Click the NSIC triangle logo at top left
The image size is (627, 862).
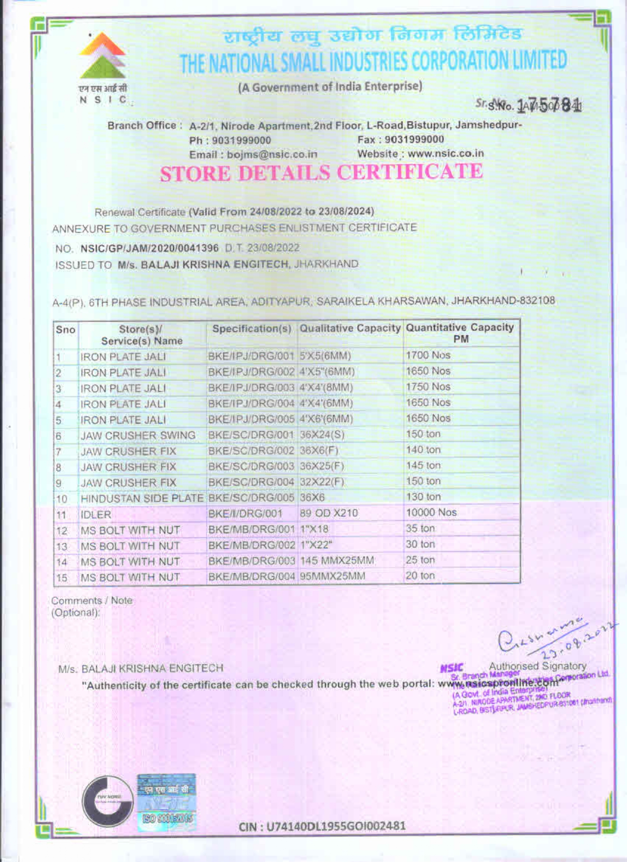tap(103, 56)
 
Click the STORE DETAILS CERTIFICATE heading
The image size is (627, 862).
tap(321, 173)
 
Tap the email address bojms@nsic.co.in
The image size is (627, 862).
tap(271, 155)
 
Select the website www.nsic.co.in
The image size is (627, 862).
tap(446, 154)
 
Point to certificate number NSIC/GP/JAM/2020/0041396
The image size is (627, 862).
tap(149, 248)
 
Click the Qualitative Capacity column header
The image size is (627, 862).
tap(350, 328)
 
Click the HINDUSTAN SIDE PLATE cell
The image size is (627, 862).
tap(142, 499)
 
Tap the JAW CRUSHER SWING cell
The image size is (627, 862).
tap(138, 436)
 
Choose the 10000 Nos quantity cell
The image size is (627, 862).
tap(431, 512)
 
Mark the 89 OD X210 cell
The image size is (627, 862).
tap(328, 513)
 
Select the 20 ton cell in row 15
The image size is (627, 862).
tap(420, 576)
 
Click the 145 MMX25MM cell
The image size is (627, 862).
tap(337, 561)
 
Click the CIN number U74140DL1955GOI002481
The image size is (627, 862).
tap(322, 826)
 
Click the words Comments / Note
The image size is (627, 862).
tap(91, 601)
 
